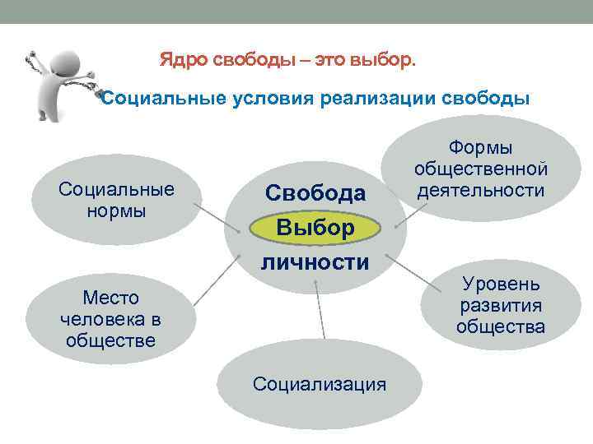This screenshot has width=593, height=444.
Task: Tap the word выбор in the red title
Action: click(384, 60)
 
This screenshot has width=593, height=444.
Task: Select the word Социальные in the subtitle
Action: click(153, 99)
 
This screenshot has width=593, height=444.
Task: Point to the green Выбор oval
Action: click(315, 227)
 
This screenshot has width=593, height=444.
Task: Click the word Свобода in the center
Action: click(315, 193)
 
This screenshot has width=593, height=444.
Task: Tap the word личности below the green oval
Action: click(315, 262)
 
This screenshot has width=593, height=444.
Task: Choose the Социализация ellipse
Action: click(319, 384)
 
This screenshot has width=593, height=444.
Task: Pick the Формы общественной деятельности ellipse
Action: click(481, 169)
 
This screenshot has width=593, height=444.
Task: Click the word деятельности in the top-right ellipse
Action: click(481, 191)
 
